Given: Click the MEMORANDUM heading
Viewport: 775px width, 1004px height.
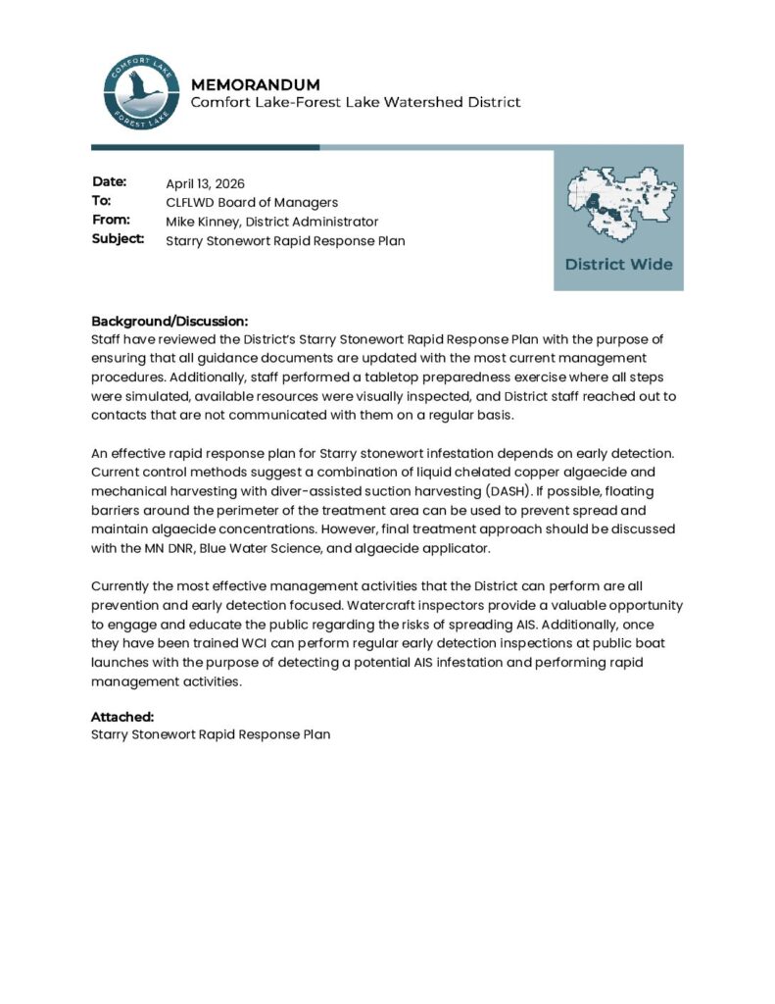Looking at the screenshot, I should coord(255,84).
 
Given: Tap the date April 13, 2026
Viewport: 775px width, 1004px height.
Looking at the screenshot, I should coord(205,183).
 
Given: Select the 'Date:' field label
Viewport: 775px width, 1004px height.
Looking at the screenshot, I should coord(110,182).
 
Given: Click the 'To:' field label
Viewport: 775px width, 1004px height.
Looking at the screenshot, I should coord(101,201).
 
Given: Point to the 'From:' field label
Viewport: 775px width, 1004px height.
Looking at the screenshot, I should coord(111,220).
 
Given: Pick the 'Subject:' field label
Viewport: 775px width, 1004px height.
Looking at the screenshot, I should coord(119,238).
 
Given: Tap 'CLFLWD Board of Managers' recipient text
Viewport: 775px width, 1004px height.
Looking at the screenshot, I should coord(252,202).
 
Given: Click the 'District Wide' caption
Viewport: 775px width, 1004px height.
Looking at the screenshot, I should coord(618,265).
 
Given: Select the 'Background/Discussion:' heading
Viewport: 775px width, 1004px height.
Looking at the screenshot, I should coord(170,322).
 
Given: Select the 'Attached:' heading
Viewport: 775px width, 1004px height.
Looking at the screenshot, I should coord(122,717).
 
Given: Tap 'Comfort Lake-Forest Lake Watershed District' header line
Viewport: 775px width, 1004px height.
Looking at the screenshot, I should coord(355,102).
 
